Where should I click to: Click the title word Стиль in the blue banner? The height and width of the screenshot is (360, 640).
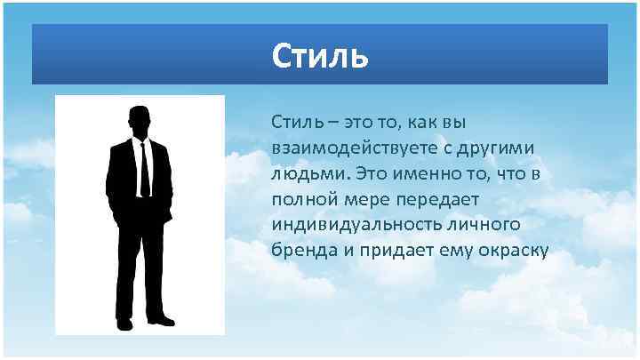319,56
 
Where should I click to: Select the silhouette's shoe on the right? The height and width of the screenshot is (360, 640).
162,321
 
